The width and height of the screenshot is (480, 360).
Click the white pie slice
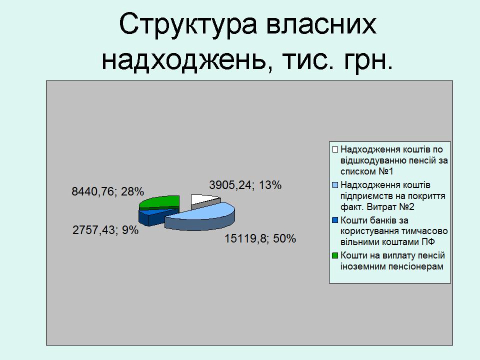pyautogui.click(x=203, y=200)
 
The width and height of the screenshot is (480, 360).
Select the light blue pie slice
pyautogui.click(x=200, y=216)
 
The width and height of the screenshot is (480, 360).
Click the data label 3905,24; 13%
pyautogui.click(x=245, y=185)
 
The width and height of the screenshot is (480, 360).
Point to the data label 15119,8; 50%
pyautogui.click(x=260, y=238)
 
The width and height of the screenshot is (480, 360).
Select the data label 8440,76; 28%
pyautogui.click(x=108, y=191)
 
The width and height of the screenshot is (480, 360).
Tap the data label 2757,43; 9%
pyautogui.click(x=105, y=230)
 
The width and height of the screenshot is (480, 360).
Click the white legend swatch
pyautogui.click(x=335, y=149)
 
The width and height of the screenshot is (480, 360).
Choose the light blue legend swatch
pyautogui.click(x=335, y=185)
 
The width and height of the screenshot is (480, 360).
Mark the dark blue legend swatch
pyautogui.click(x=335, y=220)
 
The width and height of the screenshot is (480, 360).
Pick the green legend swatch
pyautogui.click(x=335, y=255)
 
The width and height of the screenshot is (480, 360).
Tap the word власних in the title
pyautogui.click(x=321, y=24)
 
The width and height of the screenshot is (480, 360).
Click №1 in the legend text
pyautogui.click(x=385, y=171)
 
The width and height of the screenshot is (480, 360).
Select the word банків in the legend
pyautogui.click(x=383, y=220)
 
